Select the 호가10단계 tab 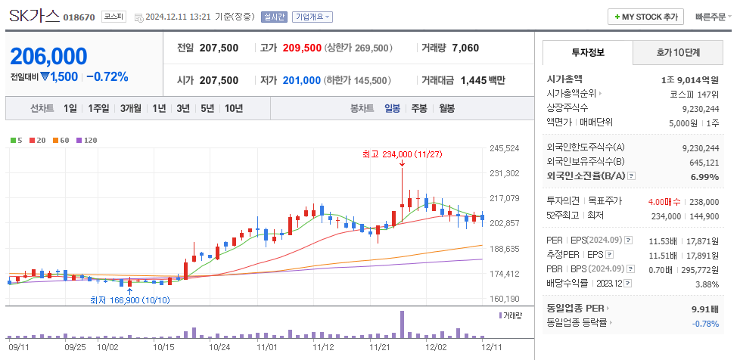tap(677, 52)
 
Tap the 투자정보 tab tap(587, 52)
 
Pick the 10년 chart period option tap(234, 108)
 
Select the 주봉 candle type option tap(419, 108)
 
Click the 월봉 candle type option tap(446, 108)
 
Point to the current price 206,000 tap(48, 56)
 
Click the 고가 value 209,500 tap(302, 48)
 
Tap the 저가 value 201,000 tap(302, 80)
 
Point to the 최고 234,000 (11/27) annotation tap(402, 154)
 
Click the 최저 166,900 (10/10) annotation tap(128, 300)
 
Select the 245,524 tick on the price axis tap(505, 148)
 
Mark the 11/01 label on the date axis tap(267, 347)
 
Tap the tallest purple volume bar tap(402, 324)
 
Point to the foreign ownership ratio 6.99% tap(704, 177)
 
